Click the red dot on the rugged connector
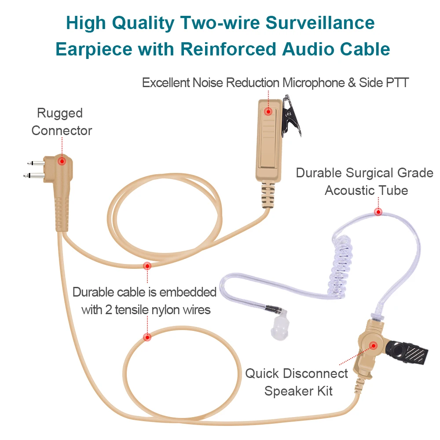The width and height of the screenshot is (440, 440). tap(62, 161)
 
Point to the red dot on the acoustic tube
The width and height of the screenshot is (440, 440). tap(378, 212)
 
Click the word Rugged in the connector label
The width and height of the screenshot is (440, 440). tap(59, 114)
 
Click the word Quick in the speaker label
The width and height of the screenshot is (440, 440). tap(262, 374)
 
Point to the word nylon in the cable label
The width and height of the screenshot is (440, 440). tap(166, 310)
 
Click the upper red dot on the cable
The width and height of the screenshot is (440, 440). tap(147, 266)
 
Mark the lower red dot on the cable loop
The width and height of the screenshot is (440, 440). tap(147, 337)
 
